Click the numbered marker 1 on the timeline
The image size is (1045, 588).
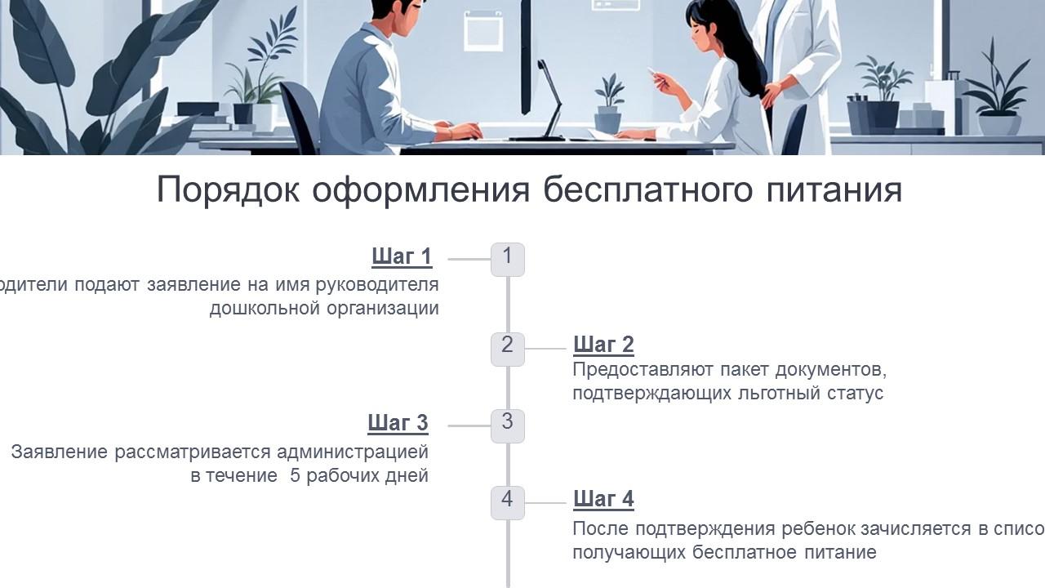(x=507, y=259)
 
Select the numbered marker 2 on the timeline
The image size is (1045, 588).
(x=507, y=348)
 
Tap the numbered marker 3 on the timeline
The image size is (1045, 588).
(x=507, y=425)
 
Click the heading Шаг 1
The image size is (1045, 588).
(x=401, y=256)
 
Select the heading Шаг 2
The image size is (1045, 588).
(x=603, y=345)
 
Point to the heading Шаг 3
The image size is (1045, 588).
(x=398, y=423)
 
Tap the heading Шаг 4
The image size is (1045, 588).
(x=603, y=499)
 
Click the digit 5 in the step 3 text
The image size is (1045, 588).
(x=296, y=475)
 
